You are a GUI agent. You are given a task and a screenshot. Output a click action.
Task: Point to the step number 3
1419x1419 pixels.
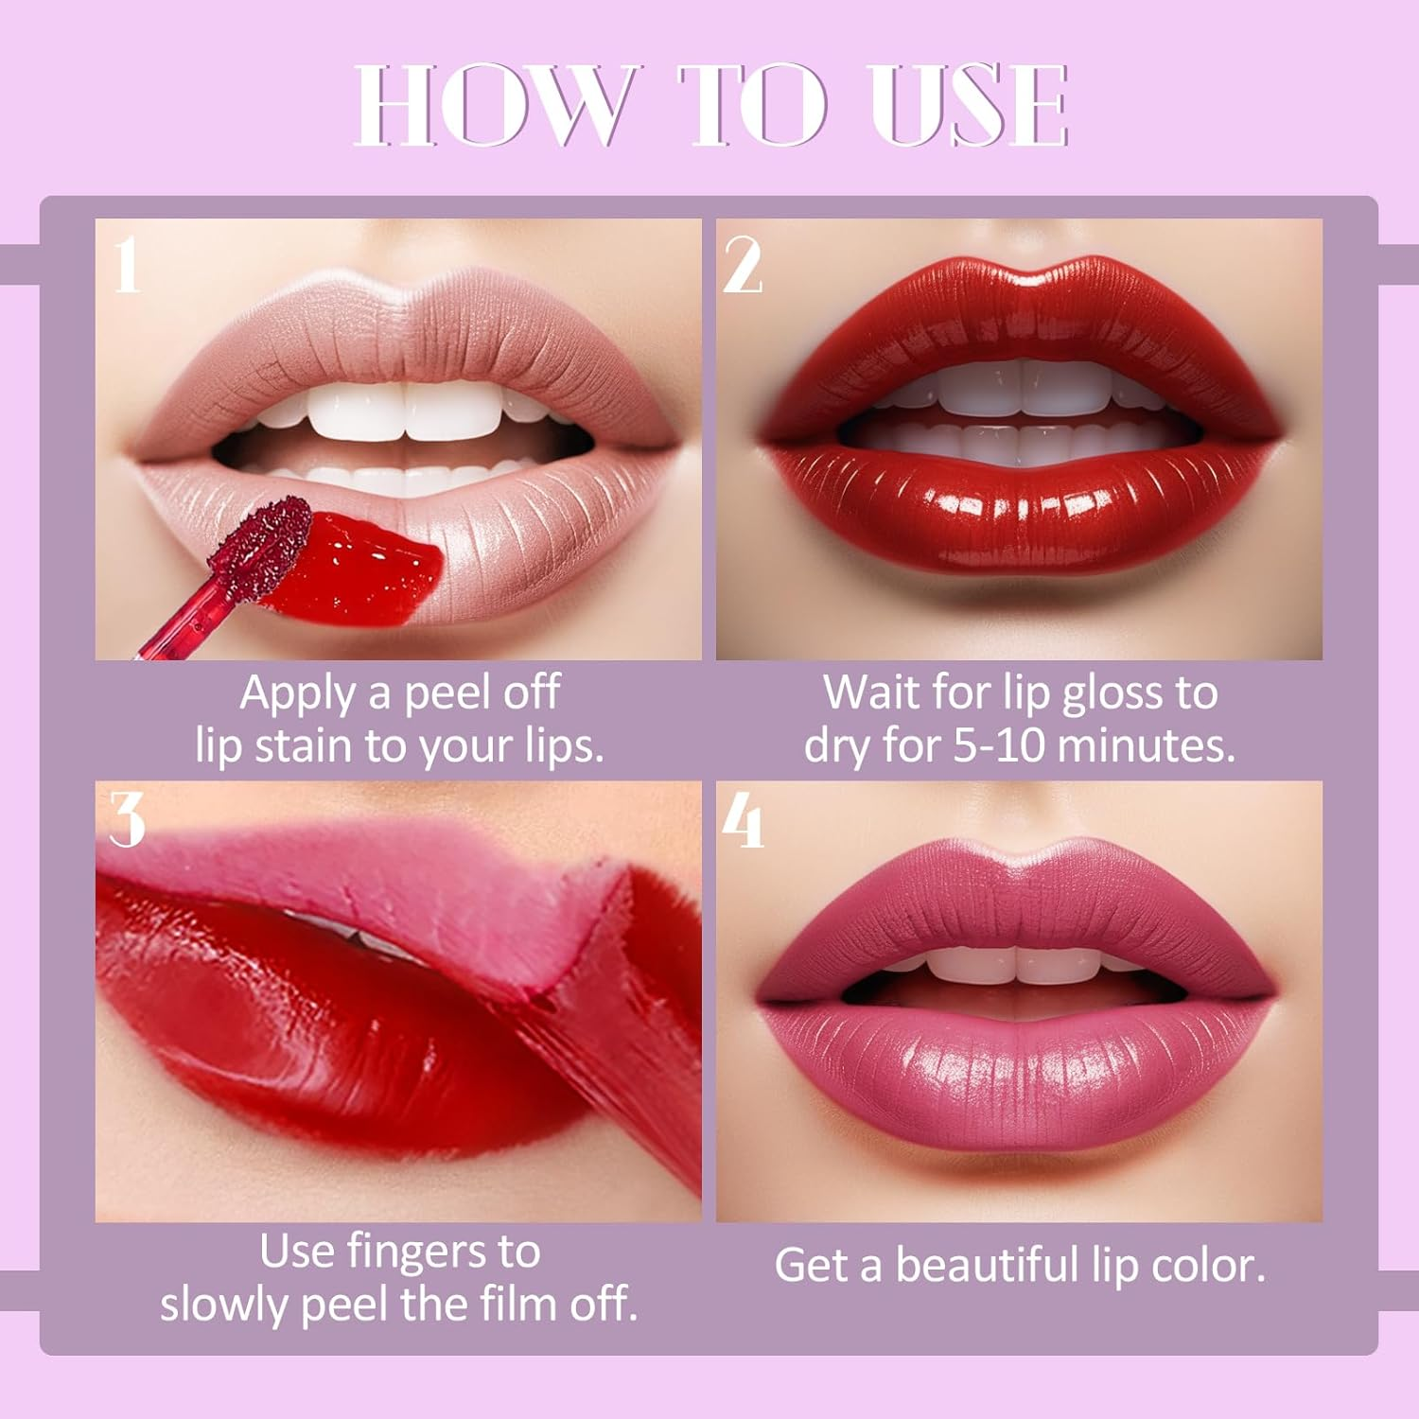click(x=128, y=819)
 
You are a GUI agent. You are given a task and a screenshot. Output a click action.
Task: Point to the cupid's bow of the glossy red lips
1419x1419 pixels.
click(x=1020, y=282)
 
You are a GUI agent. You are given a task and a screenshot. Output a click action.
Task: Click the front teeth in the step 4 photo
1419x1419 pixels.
click(x=1018, y=965)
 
